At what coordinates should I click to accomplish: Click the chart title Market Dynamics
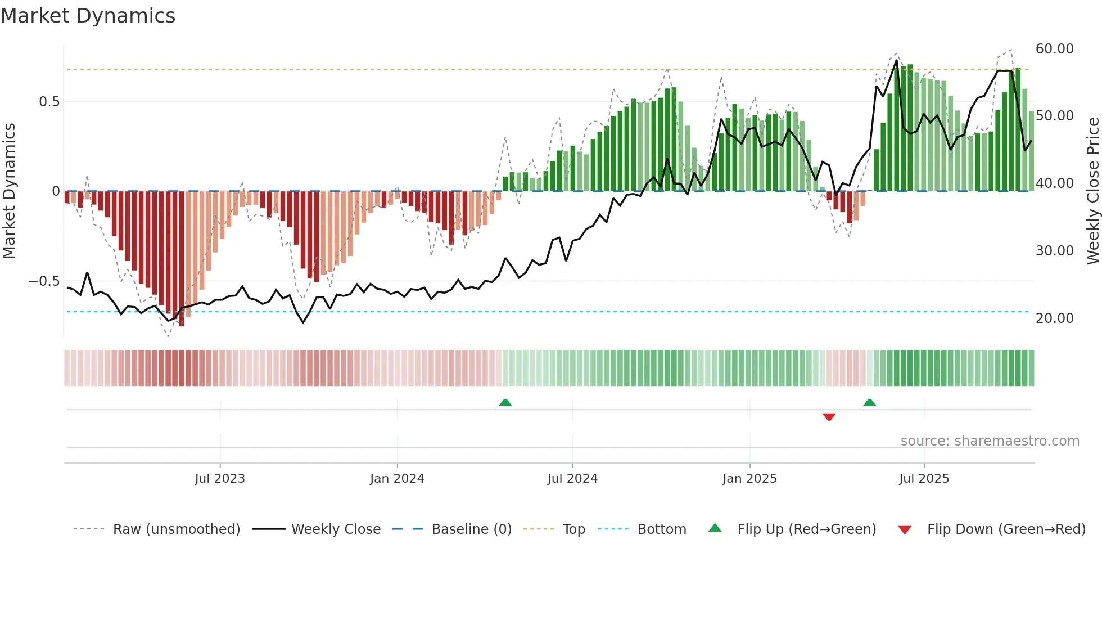pos(88,16)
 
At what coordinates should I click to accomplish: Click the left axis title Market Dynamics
pos(9,191)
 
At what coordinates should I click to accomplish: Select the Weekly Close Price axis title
pos(1092,191)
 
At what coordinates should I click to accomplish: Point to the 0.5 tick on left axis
pos(49,102)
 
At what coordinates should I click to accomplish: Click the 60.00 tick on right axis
pos(1054,49)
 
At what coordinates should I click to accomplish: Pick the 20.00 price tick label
pos(1054,318)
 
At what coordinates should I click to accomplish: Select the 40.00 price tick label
pos(1054,183)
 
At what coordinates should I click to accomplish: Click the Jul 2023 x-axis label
pos(220,479)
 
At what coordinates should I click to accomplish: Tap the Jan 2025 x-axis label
pos(749,479)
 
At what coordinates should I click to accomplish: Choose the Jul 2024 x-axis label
pos(572,479)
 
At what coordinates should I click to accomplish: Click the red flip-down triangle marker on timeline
pos(829,417)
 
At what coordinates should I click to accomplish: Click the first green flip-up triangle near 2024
pos(505,402)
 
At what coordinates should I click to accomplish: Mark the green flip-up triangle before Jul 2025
pos(869,402)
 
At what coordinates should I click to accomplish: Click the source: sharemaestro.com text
pos(990,441)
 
